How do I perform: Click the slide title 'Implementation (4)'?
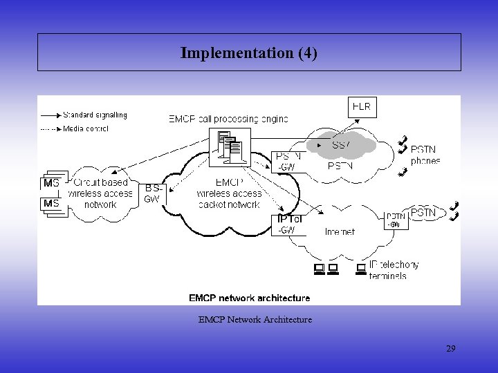tap(249, 52)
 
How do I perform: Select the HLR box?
tap(362, 106)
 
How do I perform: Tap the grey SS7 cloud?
tap(341, 145)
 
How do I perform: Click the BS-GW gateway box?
tap(152, 193)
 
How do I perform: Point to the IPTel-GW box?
tap(288, 224)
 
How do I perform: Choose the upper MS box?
tap(52, 183)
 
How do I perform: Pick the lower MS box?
tap(52, 204)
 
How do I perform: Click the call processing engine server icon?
tap(230, 147)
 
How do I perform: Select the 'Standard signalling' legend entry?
tap(95, 115)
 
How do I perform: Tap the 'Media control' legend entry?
tap(85, 128)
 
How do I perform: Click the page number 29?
tap(450, 349)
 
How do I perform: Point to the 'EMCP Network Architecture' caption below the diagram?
tap(255, 320)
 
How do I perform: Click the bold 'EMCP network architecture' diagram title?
tap(249, 298)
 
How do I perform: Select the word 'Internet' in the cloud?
tap(340, 232)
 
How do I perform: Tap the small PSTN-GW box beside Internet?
tap(395, 220)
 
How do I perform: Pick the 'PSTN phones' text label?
tap(425, 155)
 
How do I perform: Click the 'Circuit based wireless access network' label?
tap(100, 193)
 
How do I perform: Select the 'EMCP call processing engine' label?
tap(228, 119)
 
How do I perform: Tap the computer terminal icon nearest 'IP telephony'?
tap(360, 268)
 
